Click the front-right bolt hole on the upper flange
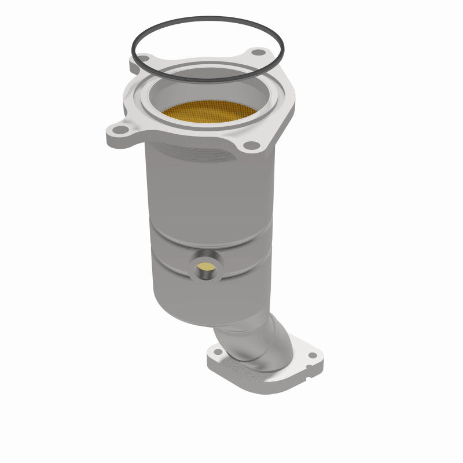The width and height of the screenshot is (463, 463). [248, 145]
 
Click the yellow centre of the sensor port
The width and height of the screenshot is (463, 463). [204, 267]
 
